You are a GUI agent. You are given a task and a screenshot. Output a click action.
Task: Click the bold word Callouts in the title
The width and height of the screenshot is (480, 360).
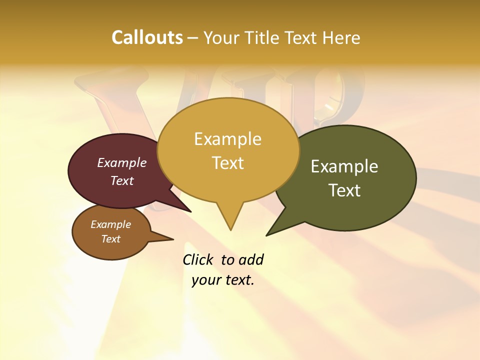147,37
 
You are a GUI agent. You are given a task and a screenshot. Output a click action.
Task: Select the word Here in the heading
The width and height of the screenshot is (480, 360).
341,38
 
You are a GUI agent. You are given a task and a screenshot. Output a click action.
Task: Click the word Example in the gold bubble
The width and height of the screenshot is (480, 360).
228,139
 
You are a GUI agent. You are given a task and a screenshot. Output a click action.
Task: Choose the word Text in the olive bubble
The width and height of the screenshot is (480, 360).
344,190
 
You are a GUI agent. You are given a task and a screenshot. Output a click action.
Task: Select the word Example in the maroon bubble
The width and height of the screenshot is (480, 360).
122,162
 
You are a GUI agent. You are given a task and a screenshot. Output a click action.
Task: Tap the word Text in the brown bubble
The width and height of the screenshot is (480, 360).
111,239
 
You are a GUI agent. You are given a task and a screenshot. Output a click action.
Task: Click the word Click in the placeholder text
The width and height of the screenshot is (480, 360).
198,259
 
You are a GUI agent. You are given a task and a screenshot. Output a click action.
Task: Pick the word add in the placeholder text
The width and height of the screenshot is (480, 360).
251,259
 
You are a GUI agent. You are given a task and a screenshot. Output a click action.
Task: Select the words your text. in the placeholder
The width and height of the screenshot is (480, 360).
223,280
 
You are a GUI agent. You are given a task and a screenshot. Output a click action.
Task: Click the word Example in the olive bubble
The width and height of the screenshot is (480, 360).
344,166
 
